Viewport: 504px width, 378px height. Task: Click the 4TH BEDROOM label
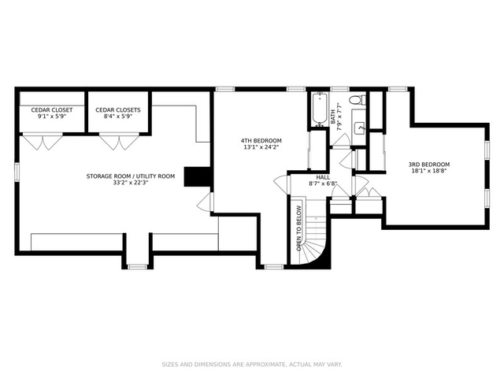tap(261, 140)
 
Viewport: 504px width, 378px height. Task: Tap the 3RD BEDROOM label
tap(428, 165)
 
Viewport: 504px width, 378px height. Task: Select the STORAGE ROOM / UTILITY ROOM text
tap(131, 176)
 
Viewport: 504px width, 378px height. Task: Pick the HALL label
tap(323, 177)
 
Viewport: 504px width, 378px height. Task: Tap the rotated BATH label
tap(333, 117)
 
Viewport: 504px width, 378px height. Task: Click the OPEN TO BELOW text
tap(299, 228)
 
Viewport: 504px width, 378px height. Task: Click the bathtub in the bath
tap(320, 109)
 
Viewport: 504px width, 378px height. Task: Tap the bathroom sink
tap(360, 128)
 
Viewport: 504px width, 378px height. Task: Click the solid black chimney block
tap(197, 176)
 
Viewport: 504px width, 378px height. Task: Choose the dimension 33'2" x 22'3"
tap(131, 183)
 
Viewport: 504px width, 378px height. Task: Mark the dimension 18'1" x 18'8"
tap(428, 171)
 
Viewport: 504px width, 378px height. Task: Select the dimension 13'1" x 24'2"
tap(261, 147)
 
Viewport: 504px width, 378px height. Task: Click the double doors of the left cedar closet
tap(43, 142)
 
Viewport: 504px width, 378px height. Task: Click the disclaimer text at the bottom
tap(252, 365)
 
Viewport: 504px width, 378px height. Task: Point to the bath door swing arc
tap(341, 139)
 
